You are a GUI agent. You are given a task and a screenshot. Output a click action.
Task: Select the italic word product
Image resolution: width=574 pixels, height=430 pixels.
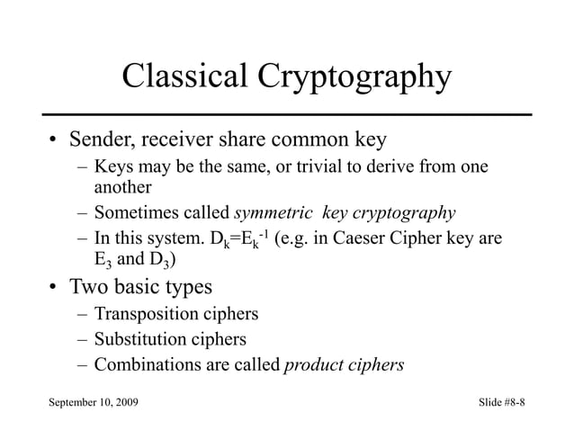tap(315, 366)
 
